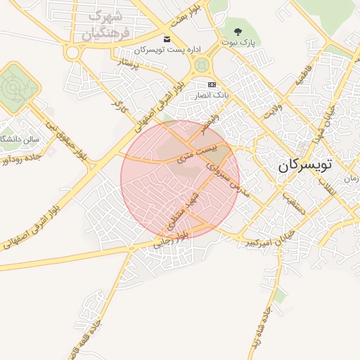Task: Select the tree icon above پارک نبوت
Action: (x=238, y=31)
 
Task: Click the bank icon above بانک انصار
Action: (x=213, y=84)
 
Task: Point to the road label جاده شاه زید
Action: (x=262, y=327)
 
